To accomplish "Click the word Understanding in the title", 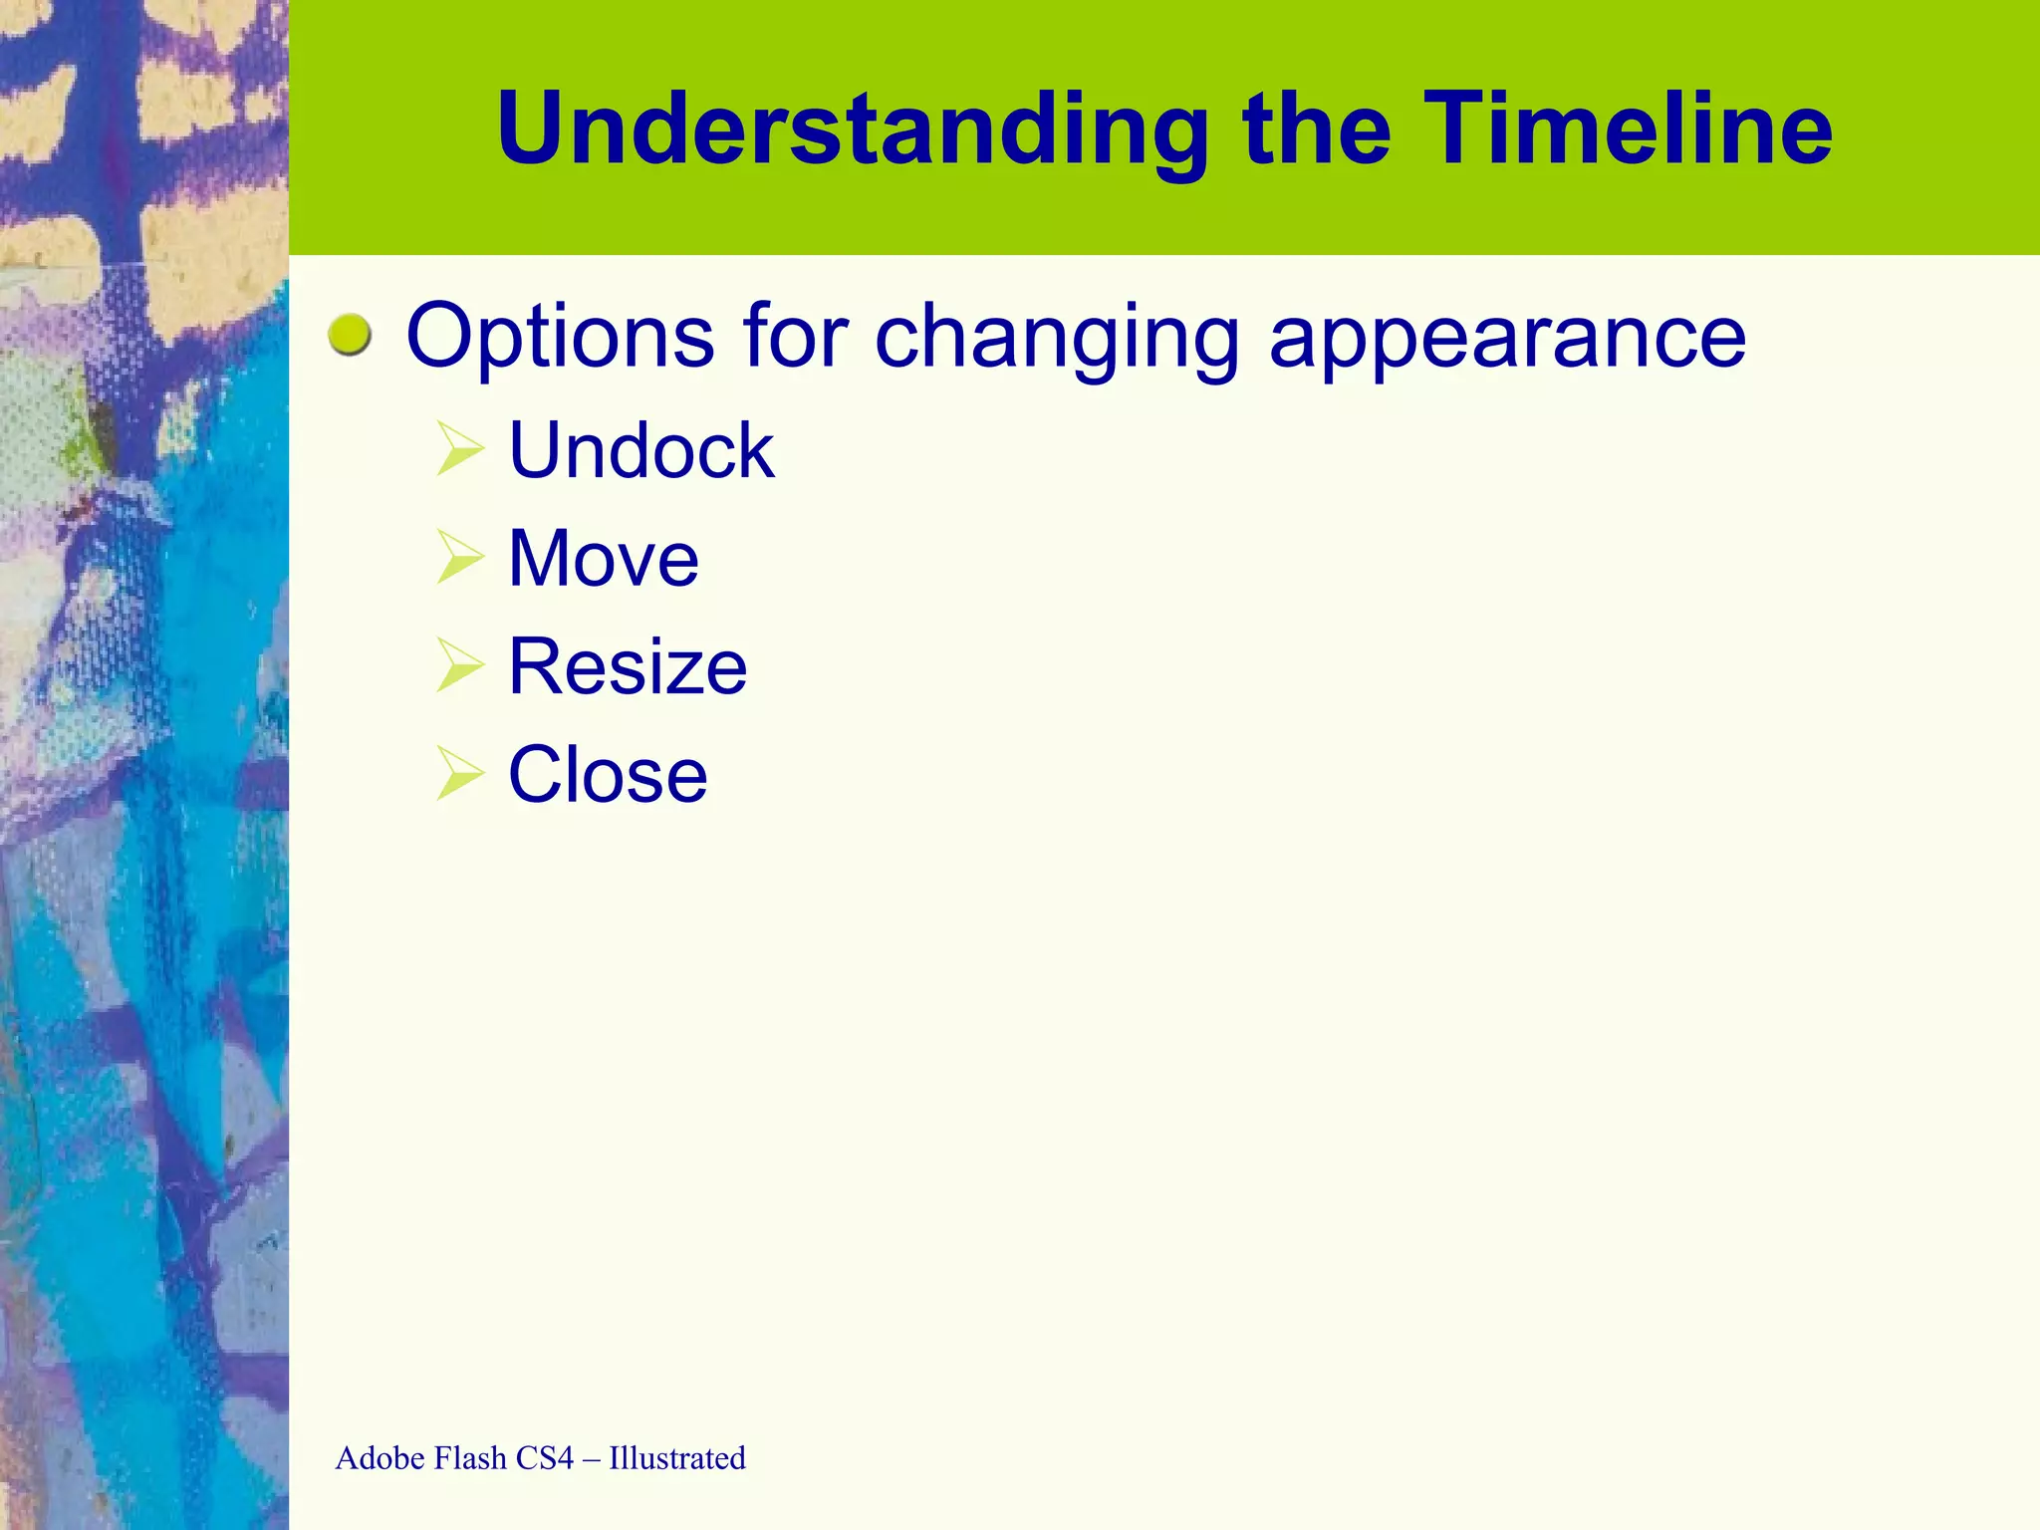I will (x=853, y=129).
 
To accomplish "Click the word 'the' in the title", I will (x=1317, y=129).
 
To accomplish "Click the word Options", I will (x=561, y=337).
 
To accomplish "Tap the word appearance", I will (x=1507, y=337).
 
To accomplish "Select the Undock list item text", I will (x=641, y=450).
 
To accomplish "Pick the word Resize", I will (x=628, y=666).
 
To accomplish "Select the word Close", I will (x=608, y=775).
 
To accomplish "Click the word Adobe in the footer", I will (x=381, y=1458).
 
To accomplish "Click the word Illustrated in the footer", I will (x=677, y=1458).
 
